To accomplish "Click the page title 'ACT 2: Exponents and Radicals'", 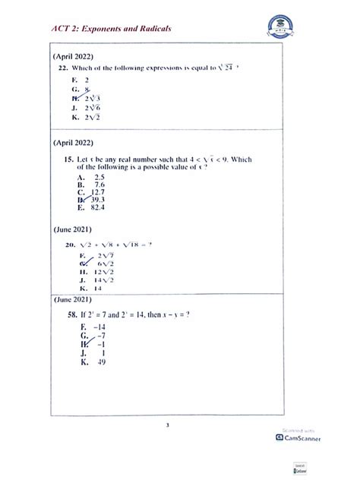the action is click(111, 28).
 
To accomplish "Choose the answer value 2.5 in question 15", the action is click(98, 176).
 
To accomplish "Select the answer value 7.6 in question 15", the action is click(98, 185).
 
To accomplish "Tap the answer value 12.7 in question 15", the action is click(99, 192).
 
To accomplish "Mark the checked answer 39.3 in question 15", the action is click(99, 200).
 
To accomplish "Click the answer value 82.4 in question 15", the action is click(99, 207).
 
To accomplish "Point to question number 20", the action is click(70, 245).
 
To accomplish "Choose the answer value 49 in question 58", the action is click(102, 362).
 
